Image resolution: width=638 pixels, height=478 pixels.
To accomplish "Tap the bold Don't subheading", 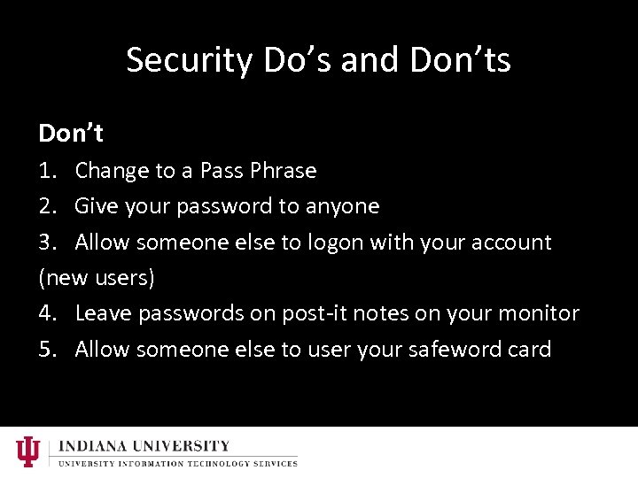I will pos(71,134).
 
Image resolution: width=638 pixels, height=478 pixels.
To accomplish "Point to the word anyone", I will pos(342,206).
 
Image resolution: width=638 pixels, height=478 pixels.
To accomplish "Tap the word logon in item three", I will pos(337,243).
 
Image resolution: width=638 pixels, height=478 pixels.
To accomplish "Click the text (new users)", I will pos(97,278).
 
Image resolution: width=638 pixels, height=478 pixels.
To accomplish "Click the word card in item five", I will pos(530,350).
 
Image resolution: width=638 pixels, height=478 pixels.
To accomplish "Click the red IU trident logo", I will pos(28,451).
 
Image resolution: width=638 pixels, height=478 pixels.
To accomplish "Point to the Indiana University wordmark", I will pos(144,446).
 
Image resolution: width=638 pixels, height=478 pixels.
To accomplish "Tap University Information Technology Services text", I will pos(177,463).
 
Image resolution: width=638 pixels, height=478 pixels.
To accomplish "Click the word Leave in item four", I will pos(102,313).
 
